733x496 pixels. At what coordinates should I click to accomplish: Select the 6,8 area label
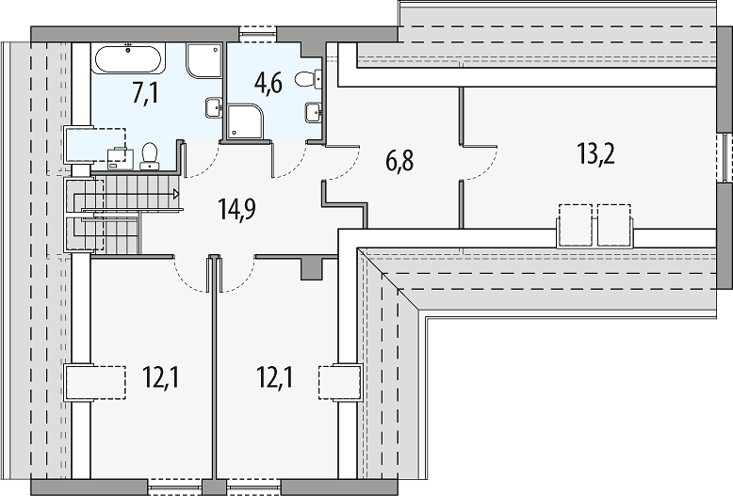(399, 161)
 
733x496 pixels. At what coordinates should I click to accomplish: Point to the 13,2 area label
(596, 153)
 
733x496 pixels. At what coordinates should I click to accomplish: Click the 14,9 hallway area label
(236, 209)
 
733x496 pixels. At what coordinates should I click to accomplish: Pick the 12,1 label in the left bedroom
(161, 377)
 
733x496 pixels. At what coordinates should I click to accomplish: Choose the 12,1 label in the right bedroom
(275, 377)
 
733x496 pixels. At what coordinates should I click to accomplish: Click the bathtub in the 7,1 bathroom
(128, 59)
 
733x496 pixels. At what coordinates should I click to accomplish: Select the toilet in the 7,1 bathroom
(149, 156)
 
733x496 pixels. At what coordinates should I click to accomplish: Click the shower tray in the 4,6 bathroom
(246, 121)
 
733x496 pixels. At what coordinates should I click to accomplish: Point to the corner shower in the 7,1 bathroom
(204, 61)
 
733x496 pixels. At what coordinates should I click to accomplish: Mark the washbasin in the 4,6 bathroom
(313, 113)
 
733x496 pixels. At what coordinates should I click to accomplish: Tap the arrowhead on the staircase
(176, 193)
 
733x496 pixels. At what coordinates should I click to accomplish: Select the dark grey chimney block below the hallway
(311, 268)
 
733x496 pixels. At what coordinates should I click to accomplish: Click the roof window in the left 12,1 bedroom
(95, 382)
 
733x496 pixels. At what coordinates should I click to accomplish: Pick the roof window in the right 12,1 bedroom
(340, 382)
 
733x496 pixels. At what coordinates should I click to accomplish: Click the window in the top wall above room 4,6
(257, 31)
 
